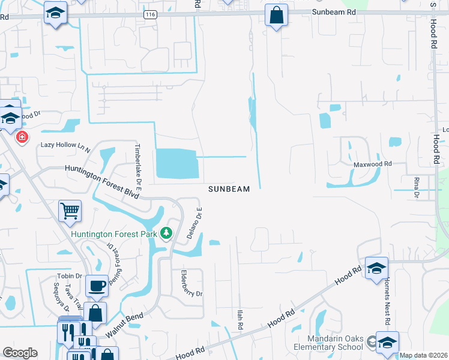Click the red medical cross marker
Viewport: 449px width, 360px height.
[22, 137]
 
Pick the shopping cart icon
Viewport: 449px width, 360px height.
[70, 211]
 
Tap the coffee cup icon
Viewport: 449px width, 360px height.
[96, 286]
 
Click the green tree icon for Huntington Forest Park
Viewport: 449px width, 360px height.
[166, 233]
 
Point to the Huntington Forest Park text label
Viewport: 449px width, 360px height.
[114, 233]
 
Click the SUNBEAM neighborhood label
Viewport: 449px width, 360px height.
[229, 189]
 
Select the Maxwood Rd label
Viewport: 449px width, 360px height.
[372, 163]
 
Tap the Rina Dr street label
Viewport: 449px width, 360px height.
[415, 187]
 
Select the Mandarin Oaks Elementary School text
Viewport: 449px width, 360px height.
[328, 341]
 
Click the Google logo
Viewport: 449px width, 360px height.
[20, 353]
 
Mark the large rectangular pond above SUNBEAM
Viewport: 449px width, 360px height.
[176, 164]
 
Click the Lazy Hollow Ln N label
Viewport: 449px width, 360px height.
[65, 145]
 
